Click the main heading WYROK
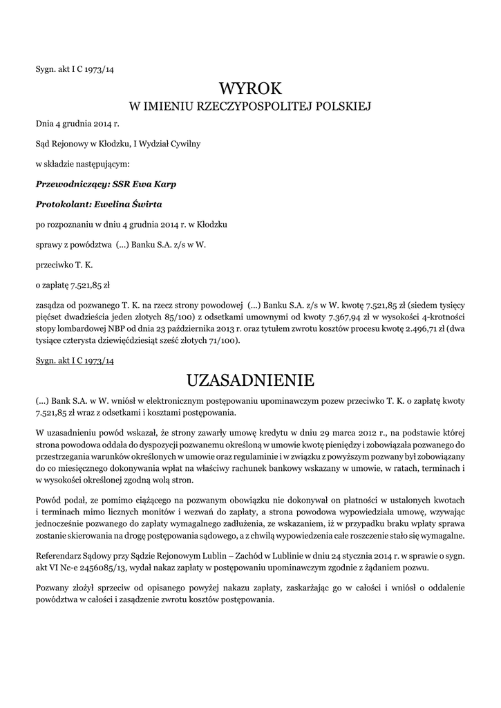(x=250, y=88)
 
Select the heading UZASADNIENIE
(x=250, y=380)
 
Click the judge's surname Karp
(x=163, y=184)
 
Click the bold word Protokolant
(x=61, y=204)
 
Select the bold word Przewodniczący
(x=68, y=184)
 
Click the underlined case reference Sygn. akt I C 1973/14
(x=75, y=361)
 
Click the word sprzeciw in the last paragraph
(x=109, y=588)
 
